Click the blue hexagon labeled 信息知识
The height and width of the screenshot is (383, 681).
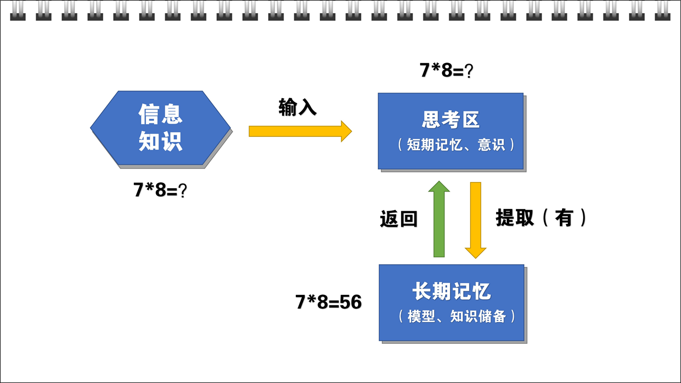point(160,128)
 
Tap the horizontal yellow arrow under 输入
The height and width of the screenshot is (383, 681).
point(300,132)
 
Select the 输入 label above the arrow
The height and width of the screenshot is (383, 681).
point(297,107)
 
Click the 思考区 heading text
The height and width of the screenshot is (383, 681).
point(450,119)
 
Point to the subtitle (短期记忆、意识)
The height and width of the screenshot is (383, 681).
point(456,145)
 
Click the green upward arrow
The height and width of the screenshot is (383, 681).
point(439,219)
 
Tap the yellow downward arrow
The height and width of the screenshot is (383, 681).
point(475,220)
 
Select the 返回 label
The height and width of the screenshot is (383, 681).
point(398,219)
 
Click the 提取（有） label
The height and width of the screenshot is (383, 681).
point(541,217)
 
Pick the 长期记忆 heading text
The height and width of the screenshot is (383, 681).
point(452,291)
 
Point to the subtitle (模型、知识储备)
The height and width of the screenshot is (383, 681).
point(457,317)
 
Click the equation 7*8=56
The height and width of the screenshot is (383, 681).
point(329,302)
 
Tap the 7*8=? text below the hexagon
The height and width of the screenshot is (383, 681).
point(160,190)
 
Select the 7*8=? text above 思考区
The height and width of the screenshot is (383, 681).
point(447,70)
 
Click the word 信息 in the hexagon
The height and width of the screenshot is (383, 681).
point(160,114)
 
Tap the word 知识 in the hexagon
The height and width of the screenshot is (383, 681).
point(160,141)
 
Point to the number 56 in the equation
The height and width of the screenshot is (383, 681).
point(351,302)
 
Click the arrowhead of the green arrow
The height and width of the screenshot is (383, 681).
point(439,186)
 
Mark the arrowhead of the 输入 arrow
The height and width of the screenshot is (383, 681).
point(346,132)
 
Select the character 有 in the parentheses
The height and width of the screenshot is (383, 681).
point(564,217)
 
